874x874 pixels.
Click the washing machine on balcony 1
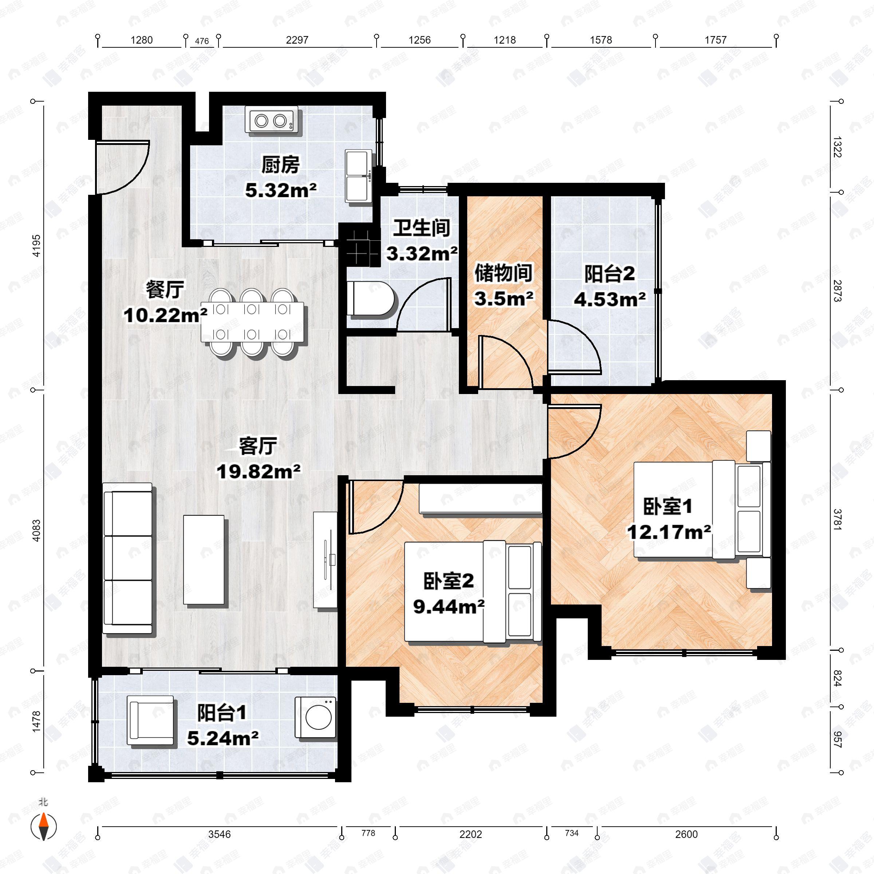pyautogui.click(x=316, y=717)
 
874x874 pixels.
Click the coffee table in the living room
pyautogui.click(x=204, y=560)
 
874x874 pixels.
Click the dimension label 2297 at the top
pyautogui.click(x=297, y=40)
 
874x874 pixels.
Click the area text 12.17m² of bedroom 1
pyautogui.click(x=669, y=532)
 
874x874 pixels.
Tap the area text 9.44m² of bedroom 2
pyautogui.click(x=449, y=607)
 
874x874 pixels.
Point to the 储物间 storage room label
pyautogui.click(x=503, y=273)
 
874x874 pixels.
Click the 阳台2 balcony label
pyautogui.click(x=609, y=274)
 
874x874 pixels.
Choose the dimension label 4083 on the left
pyautogui.click(x=36, y=531)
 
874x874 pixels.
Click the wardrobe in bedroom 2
pyautogui.click(x=480, y=499)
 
